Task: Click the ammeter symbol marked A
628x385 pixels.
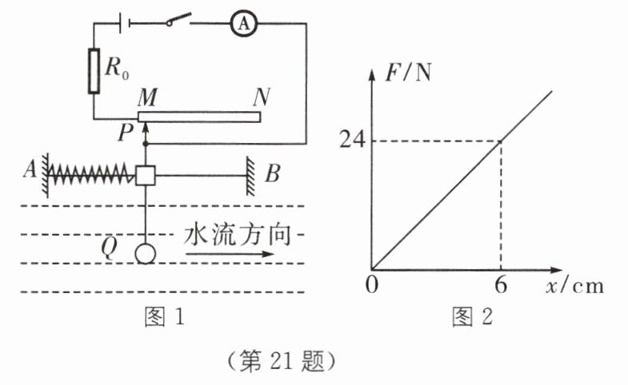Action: tap(244, 25)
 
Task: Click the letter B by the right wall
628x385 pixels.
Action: tap(273, 173)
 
